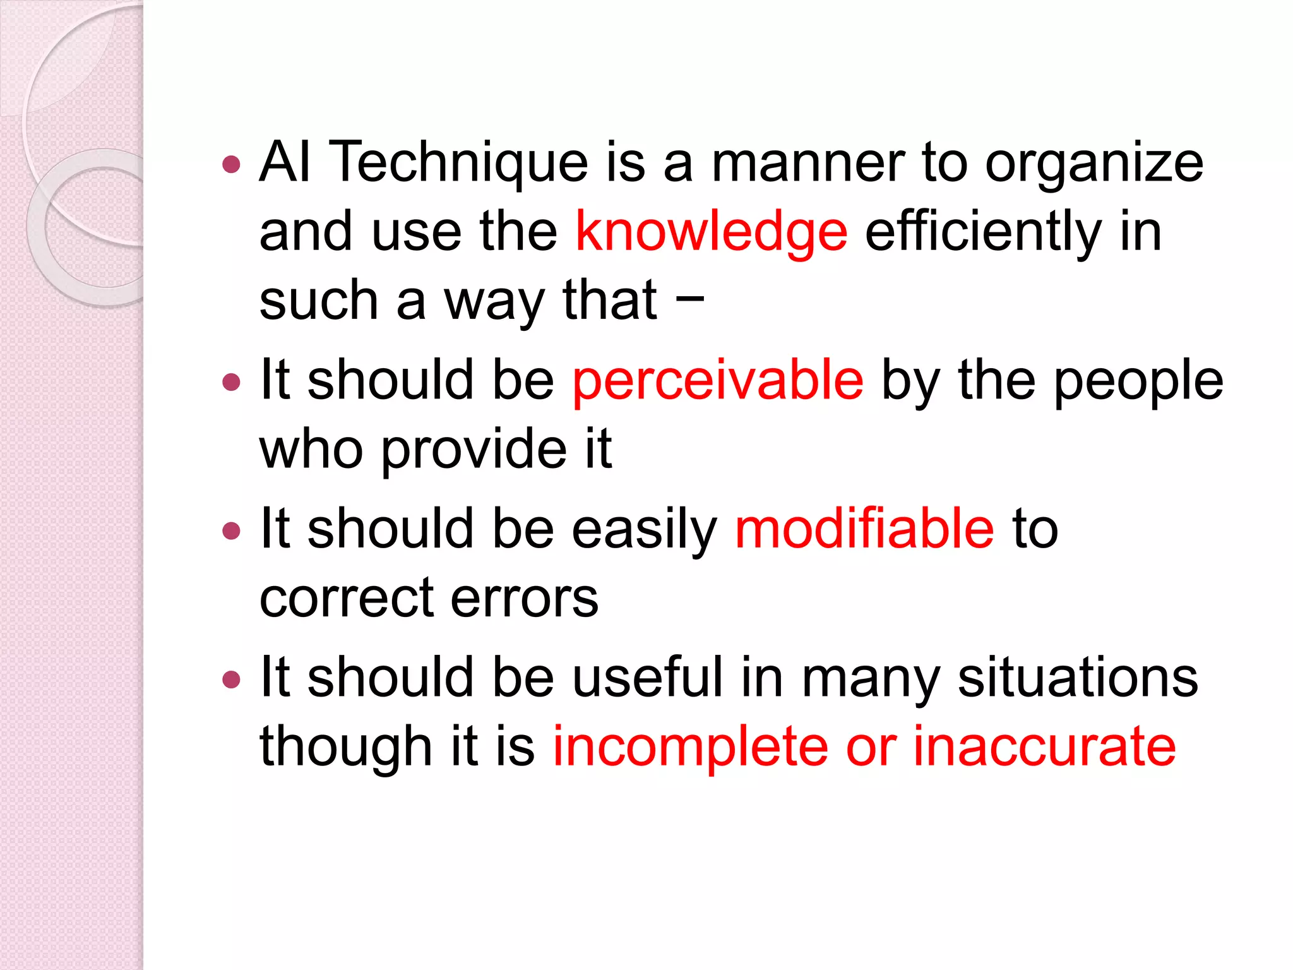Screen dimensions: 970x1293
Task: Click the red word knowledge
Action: [x=711, y=232]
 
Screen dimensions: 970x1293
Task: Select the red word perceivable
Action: [x=717, y=381]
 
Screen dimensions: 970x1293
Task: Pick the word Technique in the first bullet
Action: [x=459, y=163]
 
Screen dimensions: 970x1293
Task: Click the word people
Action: [x=1138, y=382]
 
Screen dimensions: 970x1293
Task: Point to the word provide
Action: [x=474, y=450]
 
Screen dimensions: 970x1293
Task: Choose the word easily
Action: [x=644, y=530]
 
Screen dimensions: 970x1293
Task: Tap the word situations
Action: [x=1078, y=678]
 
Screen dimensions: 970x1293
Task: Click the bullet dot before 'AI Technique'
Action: [x=232, y=165]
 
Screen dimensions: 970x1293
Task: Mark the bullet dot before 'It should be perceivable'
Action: [x=232, y=382]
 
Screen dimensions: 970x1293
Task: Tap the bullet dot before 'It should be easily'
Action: [x=232, y=530]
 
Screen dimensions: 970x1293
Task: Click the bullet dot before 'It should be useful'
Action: [x=232, y=680]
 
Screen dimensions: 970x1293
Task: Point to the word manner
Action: [x=808, y=163]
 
